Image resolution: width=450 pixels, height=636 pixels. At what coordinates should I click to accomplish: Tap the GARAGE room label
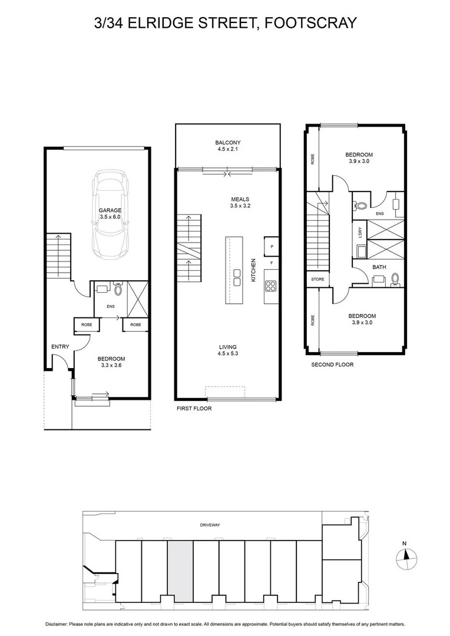click(110, 213)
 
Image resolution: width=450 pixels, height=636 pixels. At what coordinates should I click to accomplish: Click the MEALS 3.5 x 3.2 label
click(240, 202)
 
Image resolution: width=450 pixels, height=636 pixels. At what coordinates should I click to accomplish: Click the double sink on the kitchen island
click(237, 277)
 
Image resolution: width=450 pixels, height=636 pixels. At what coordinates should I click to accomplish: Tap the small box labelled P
click(272, 246)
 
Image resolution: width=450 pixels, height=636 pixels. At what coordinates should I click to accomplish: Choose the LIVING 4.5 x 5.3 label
click(227, 350)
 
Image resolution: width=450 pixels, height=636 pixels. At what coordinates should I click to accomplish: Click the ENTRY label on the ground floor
click(60, 347)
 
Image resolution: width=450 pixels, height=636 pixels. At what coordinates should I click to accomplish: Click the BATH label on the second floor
click(379, 267)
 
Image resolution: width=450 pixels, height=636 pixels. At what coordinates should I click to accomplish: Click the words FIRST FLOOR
click(194, 408)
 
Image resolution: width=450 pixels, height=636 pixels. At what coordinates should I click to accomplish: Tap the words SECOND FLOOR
click(332, 365)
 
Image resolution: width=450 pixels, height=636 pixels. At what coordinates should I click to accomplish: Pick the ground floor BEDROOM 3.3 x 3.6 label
click(111, 362)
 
